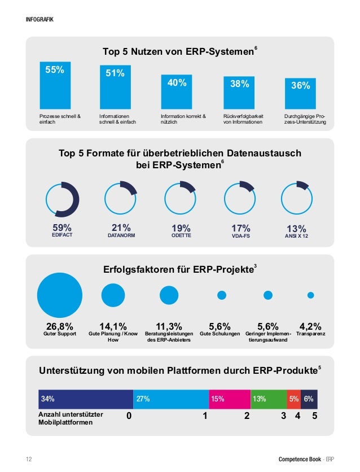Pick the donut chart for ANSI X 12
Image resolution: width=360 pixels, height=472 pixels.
point(297,198)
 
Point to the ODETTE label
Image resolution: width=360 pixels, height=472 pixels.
point(181,235)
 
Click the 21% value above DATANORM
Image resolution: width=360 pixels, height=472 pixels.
point(121,228)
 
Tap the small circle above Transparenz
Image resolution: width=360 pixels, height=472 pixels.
point(310,295)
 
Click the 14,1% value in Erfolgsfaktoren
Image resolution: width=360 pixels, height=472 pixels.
point(113,326)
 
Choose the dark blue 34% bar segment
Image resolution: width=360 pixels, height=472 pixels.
point(86,399)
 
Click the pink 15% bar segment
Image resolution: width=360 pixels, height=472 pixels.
point(229,399)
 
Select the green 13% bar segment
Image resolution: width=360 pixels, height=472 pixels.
point(269,399)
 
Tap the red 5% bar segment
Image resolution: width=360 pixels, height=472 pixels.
point(294,399)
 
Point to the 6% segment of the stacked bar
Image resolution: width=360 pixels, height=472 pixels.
point(309,399)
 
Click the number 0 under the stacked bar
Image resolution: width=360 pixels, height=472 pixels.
point(129,417)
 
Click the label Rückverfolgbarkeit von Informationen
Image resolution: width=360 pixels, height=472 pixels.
point(243,119)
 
